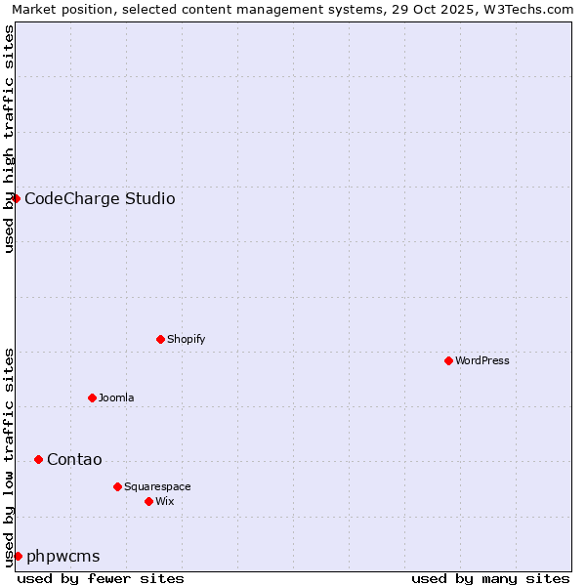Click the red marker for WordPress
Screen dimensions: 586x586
[x=448, y=360]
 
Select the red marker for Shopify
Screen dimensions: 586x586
[x=160, y=339]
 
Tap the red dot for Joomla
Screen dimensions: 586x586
[x=92, y=398]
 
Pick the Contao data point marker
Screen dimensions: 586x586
[x=38, y=459]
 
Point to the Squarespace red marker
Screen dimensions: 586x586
[x=117, y=486]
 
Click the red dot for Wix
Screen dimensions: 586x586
[x=148, y=501]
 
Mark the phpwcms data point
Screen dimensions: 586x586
[x=18, y=556]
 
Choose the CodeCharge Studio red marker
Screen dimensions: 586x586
[x=16, y=198]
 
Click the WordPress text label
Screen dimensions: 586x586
[x=482, y=360]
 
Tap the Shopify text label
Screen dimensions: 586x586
[x=186, y=339]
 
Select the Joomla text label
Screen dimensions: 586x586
[x=116, y=398]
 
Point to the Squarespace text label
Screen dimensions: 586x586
[x=157, y=486]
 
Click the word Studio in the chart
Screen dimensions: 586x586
[x=149, y=199]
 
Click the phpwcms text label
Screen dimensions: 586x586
[x=63, y=557]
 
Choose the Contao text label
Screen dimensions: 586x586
[x=74, y=460]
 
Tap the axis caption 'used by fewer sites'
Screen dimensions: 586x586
[x=101, y=578]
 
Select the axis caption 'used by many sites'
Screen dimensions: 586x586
[x=490, y=578]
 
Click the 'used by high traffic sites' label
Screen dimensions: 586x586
[x=9, y=139]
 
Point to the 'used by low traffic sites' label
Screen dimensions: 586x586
[x=9, y=457]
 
